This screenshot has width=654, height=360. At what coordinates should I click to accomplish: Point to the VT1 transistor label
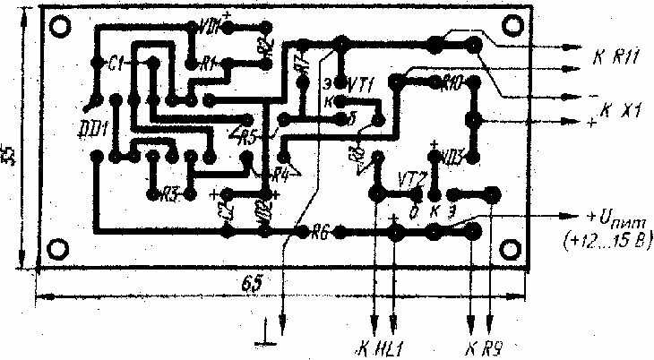point(358,81)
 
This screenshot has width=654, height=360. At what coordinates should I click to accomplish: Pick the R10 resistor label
point(450,81)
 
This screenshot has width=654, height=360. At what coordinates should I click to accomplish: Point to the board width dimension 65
point(253,282)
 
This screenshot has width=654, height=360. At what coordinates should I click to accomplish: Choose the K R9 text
point(482,348)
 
